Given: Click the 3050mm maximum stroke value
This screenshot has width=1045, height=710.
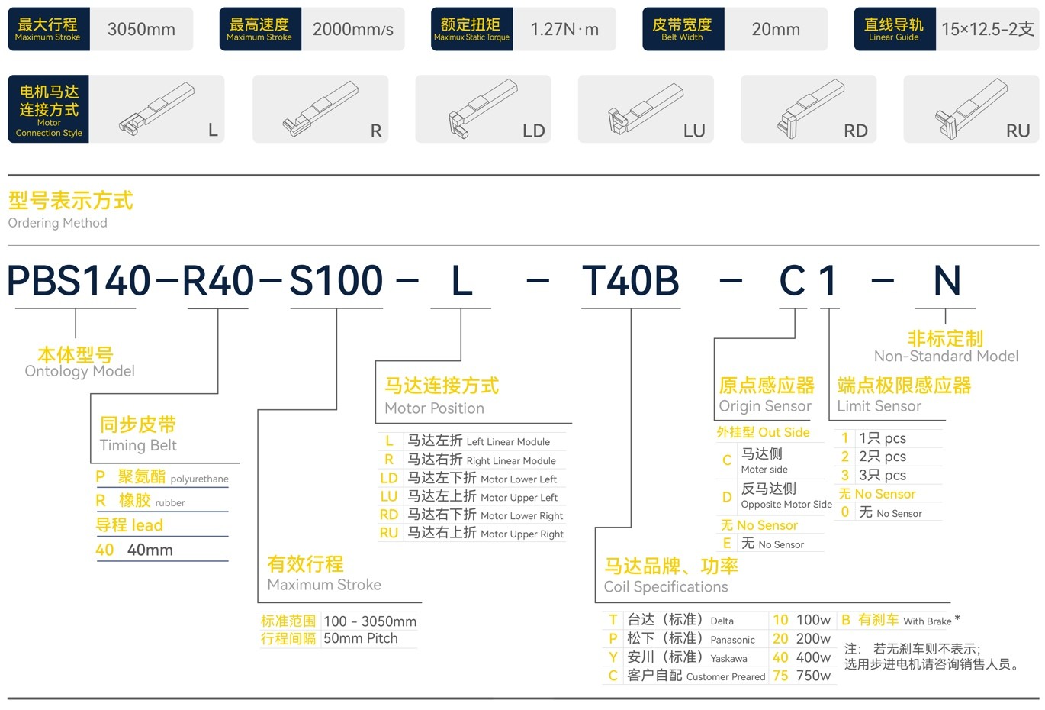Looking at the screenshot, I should tap(141, 30).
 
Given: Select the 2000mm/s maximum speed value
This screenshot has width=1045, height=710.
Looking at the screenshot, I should tap(352, 30).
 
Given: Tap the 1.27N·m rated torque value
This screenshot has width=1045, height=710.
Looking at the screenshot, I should tap(564, 30).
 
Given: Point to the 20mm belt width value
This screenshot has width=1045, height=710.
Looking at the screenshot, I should tap(776, 30).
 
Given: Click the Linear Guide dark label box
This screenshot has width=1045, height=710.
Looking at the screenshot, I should tap(893, 30).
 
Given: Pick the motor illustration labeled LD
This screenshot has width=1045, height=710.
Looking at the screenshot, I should tap(483, 109).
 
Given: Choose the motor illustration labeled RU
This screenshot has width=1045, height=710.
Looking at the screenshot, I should tap(971, 109).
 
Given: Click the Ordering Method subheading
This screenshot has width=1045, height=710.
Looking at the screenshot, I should tap(57, 223).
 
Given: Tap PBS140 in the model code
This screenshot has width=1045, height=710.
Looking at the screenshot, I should tap(79, 281).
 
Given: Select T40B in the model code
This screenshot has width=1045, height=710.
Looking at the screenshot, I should tap(630, 281).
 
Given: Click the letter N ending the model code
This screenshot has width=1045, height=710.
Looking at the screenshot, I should tap(947, 281).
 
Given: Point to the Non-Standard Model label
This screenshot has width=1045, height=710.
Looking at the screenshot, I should tap(946, 357).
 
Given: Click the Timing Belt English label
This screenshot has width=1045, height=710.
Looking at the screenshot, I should tap(138, 446).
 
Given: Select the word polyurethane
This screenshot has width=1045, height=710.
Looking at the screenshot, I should tap(199, 479).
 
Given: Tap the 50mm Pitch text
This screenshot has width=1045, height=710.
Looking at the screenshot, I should tap(360, 639).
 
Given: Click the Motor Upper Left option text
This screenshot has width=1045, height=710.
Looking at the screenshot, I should tap(519, 498).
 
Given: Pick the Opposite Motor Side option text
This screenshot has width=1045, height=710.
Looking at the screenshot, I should tap(786, 505).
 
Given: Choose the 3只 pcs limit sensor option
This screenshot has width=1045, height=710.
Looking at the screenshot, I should tap(882, 476).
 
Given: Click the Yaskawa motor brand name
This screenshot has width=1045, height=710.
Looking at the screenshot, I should tap(728, 658).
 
